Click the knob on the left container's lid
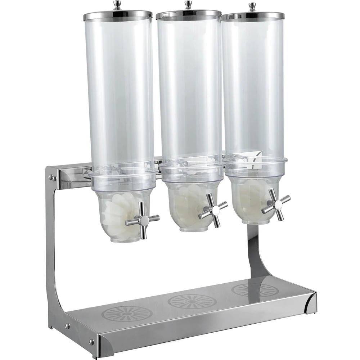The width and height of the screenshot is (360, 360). coord(117,5)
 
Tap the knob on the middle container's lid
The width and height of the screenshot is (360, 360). coord(188,5)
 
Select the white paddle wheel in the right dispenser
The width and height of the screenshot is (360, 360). coord(252,196)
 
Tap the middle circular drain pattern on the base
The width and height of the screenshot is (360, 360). coord(192,301)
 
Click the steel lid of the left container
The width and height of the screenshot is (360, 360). coord(118,16)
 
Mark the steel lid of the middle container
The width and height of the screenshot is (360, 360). coord(189,15)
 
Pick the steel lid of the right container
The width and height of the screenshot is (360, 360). coord(253,16)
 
